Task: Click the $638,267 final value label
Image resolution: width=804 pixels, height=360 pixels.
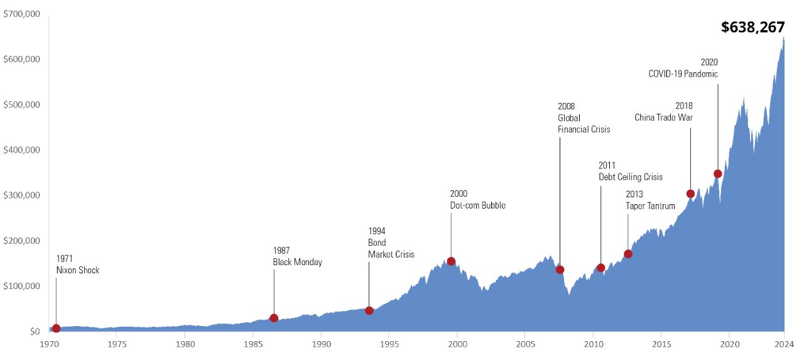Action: [x=752, y=27]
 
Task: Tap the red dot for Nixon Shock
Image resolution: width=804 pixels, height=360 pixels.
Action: [x=56, y=328]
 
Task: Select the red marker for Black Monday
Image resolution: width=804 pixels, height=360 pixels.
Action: [x=274, y=318]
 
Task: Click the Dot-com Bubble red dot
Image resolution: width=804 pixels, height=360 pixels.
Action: [x=451, y=261]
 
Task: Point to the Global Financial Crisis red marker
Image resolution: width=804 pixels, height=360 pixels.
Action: [x=560, y=270]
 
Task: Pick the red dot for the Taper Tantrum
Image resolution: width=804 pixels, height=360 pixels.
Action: [x=628, y=254]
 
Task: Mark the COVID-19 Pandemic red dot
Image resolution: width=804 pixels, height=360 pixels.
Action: [x=718, y=173]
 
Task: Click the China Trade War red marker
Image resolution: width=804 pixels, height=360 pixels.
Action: [x=690, y=194]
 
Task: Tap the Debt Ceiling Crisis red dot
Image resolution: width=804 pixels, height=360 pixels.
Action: [x=600, y=268]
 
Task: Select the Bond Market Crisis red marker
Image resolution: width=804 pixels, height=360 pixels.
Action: [x=369, y=310]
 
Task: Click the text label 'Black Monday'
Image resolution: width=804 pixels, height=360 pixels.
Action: [x=297, y=262]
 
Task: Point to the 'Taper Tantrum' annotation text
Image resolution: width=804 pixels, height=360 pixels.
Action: [x=650, y=205]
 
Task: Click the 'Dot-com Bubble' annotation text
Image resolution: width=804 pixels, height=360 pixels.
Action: [x=477, y=205]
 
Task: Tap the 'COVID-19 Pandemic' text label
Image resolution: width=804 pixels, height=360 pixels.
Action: [x=683, y=74]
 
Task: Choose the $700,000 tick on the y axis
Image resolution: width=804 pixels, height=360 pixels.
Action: [x=22, y=13]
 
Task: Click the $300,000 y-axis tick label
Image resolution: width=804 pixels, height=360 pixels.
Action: [x=22, y=195]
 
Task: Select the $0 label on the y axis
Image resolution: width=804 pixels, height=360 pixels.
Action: [x=31, y=332]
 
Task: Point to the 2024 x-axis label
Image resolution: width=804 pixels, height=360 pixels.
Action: [x=784, y=344]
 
